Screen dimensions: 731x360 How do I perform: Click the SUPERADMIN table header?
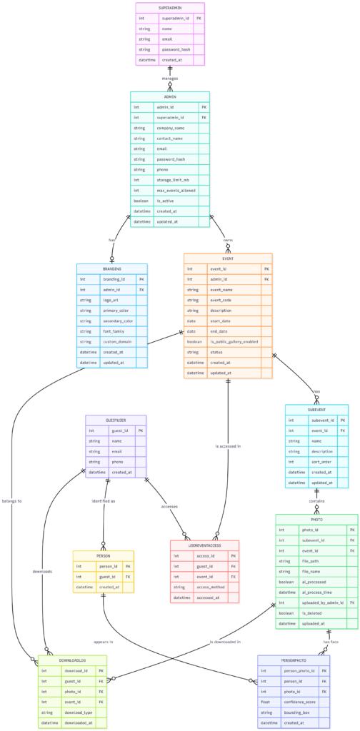(170, 6)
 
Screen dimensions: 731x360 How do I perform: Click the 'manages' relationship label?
(170, 79)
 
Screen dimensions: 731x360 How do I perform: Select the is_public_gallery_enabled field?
(232, 342)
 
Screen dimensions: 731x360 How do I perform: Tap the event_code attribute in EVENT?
(222, 301)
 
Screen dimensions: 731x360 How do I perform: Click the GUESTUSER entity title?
(116, 420)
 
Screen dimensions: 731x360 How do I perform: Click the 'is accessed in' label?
(228, 446)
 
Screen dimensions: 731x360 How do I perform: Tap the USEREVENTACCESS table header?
(204, 545)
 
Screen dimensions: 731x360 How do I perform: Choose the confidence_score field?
(299, 681)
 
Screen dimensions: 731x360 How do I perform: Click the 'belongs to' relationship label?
(11, 500)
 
